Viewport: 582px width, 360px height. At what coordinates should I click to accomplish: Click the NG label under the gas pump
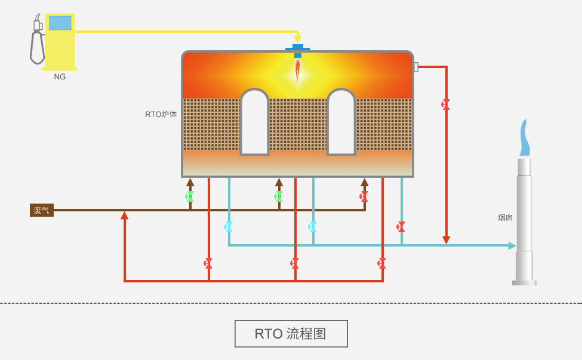coord(60,77)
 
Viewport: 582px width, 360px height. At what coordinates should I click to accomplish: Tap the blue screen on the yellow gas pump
coord(60,23)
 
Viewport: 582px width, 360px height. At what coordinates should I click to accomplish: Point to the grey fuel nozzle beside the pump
coord(37,43)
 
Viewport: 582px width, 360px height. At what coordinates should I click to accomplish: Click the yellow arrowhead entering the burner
coord(297,39)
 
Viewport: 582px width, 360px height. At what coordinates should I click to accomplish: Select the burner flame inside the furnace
coord(297,70)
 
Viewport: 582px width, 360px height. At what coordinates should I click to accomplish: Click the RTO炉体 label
coord(161,114)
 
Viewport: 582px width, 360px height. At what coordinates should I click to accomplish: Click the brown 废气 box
coord(42,210)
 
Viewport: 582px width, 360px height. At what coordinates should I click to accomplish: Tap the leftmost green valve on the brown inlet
coord(190,196)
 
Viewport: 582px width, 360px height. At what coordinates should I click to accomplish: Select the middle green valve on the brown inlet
coord(279,196)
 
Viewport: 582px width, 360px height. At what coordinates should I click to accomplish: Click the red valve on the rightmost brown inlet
coord(364,196)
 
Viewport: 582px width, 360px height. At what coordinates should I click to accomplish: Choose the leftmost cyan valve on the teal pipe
coord(229,227)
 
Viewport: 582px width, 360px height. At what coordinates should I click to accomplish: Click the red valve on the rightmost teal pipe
coord(401,227)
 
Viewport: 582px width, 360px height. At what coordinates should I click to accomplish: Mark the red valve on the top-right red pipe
coord(446,104)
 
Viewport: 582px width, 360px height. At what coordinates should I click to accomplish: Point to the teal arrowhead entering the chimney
coord(512,245)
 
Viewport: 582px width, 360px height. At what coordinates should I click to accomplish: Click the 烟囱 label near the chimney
coord(505,218)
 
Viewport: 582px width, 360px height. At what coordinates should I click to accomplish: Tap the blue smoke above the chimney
coord(524,139)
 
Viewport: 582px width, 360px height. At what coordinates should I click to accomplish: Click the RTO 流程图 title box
coord(291,334)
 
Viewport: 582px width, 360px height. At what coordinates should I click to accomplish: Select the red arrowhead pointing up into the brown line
coord(124,216)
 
